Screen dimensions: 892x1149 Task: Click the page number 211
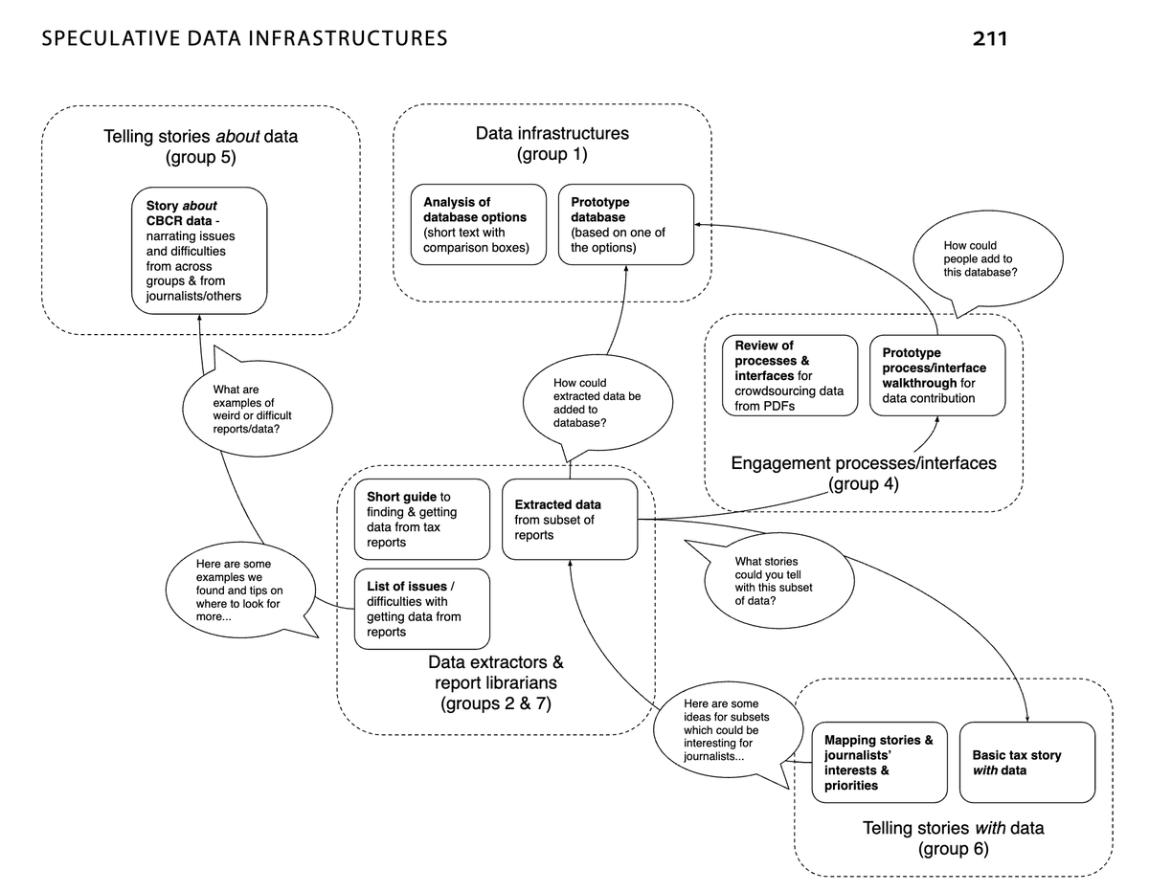pos(989,39)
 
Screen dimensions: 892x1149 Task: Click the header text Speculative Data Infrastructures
pos(244,39)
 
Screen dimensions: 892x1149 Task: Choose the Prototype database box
pos(625,225)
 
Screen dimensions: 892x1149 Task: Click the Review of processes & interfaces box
pos(790,375)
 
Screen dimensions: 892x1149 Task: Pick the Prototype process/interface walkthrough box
pos(937,375)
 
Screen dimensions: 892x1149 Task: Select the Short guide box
pos(422,520)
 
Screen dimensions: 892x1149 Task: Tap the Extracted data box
pos(570,520)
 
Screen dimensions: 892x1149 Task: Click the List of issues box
pos(422,609)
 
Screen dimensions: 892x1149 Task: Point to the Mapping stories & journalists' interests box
pos(879,763)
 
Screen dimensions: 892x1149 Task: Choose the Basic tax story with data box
pos(1026,763)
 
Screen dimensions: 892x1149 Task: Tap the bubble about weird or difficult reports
pos(257,410)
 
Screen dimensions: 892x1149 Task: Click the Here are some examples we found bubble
pos(239,591)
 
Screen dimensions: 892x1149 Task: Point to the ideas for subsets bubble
pos(720,730)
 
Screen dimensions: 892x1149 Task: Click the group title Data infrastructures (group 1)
pos(552,144)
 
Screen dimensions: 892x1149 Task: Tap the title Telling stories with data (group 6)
pos(953,837)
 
